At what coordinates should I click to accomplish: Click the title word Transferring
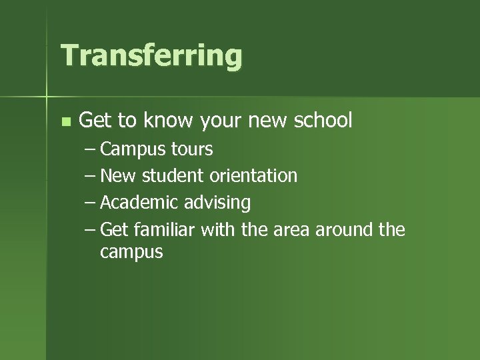[151, 56]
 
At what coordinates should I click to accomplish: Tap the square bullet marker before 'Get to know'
[65, 121]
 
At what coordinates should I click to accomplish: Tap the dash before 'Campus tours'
[90, 149]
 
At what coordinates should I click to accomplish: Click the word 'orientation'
[253, 176]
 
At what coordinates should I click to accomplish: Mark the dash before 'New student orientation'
[90, 176]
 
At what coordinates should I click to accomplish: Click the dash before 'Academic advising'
[90, 203]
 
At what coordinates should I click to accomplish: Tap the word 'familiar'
[163, 229]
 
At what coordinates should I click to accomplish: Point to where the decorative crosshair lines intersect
[47, 97]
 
